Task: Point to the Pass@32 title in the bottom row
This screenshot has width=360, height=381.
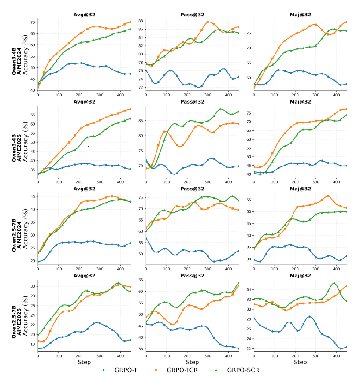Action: pos(193,276)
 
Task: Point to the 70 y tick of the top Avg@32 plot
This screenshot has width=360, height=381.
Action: pos(32,22)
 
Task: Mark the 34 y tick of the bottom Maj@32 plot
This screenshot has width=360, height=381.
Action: pos(249,289)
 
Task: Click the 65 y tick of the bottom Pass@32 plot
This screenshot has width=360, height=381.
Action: pos(141,280)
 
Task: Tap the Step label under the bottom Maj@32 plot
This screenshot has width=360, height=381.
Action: pos(301,362)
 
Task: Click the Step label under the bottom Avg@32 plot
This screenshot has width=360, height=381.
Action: pos(84,362)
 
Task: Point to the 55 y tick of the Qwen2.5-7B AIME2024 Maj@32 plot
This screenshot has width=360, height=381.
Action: pos(249,200)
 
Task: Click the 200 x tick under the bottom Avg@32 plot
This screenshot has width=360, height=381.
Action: pos(79,355)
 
